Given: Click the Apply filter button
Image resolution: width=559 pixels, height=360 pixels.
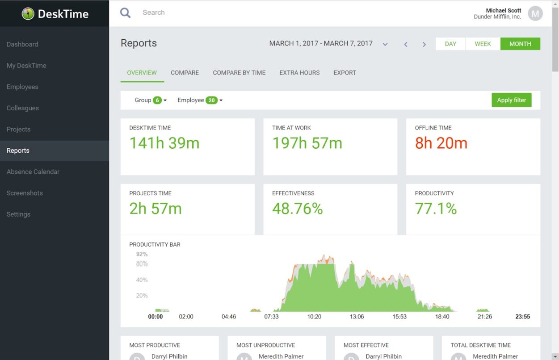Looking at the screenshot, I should point(511,100).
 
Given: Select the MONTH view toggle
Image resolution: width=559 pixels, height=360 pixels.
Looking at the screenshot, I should point(520,44).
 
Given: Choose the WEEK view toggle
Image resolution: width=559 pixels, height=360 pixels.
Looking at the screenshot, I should point(483,44).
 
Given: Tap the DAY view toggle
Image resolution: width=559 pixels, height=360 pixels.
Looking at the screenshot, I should point(450,44).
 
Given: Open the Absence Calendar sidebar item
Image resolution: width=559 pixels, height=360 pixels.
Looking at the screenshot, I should point(33,172).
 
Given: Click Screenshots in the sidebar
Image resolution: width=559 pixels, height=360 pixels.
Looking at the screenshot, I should point(25,193).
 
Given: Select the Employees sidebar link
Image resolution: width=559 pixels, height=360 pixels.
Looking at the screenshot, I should point(22,87).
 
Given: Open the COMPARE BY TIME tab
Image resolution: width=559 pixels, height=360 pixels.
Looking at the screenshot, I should point(239,73).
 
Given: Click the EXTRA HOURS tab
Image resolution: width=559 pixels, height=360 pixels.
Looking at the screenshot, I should point(299,73).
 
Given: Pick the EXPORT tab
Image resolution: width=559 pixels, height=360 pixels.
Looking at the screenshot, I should point(345,73).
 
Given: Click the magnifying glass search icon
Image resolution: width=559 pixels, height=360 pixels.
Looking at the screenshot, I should point(126,13).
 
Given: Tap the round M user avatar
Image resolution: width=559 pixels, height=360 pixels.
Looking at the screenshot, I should point(535,13).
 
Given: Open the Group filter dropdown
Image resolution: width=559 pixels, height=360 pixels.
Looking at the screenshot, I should point(151,100).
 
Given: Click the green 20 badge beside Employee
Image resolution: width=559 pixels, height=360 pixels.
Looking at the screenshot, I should point(211,100).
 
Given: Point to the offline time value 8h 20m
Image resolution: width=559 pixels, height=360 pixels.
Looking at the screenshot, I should point(441,143).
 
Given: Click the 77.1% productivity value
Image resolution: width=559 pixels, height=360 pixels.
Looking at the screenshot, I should point(436,209).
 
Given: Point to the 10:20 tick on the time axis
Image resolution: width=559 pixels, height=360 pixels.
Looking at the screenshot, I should point(314,317).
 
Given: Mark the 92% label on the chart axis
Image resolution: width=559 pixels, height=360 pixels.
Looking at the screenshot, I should point(142,254).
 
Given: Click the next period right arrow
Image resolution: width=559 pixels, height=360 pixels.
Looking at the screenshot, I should point(424,44).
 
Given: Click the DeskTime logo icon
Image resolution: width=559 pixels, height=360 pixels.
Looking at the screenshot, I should point(28,13).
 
